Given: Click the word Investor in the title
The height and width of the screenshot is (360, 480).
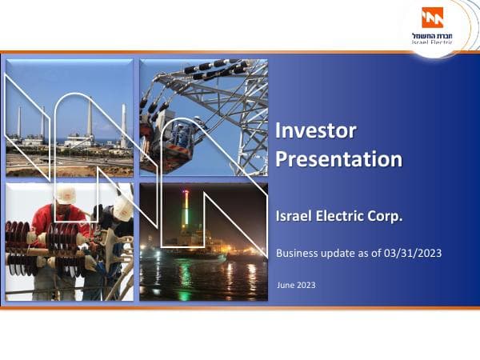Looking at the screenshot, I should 315,130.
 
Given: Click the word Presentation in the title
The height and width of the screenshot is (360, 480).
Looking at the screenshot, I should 338,158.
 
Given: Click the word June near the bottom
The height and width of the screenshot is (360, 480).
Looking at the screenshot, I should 285,285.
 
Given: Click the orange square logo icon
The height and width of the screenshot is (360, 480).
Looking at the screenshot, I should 432,18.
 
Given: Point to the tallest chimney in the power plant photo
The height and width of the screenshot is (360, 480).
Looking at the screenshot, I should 89,120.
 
